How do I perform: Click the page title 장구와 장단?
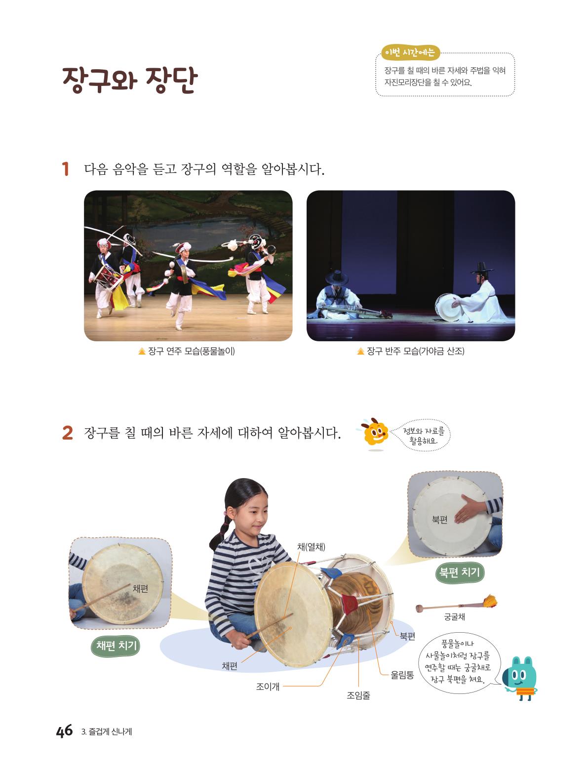point(130,80)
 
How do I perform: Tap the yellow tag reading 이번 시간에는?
point(410,53)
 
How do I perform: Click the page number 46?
point(64,730)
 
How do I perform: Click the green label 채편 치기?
point(116,646)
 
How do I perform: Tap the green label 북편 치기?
point(459,572)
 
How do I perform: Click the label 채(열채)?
point(311,546)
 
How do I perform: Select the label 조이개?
point(268,687)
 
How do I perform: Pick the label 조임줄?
point(358,695)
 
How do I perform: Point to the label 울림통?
point(402,675)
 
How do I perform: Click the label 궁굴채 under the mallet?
point(454,616)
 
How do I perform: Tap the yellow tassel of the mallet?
point(490,601)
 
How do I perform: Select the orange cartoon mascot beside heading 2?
point(374,433)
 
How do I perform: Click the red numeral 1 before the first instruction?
point(65,169)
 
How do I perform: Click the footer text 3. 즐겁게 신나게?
point(107,732)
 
